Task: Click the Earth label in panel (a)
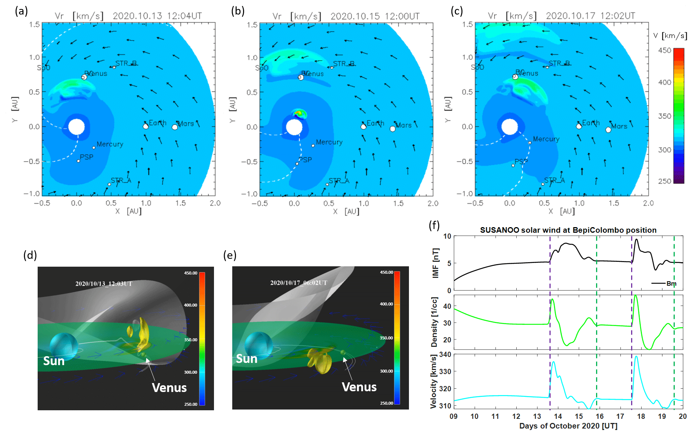click(x=158, y=123)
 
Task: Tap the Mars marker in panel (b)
click(x=393, y=129)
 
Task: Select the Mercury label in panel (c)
click(x=546, y=139)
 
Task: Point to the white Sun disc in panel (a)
click(x=77, y=127)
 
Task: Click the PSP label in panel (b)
click(x=306, y=160)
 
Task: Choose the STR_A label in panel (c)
click(x=554, y=181)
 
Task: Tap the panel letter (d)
click(x=30, y=255)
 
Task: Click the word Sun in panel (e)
click(x=247, y=359)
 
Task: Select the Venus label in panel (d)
click(x=169, y=388)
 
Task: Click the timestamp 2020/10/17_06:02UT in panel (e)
click(x=299, y=283)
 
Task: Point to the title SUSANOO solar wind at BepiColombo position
click(x=568, y=230)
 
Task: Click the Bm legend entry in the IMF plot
click(x=671, y=283)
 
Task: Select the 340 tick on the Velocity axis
click(x=445, y=354)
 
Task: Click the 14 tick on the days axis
click(x=558, y=416)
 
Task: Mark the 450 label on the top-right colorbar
click(x=664, y=50)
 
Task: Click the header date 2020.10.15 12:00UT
click(x=375, y=16)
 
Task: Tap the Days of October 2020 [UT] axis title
click(x=568, y=426)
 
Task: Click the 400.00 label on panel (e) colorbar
click(x=386, y=304)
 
